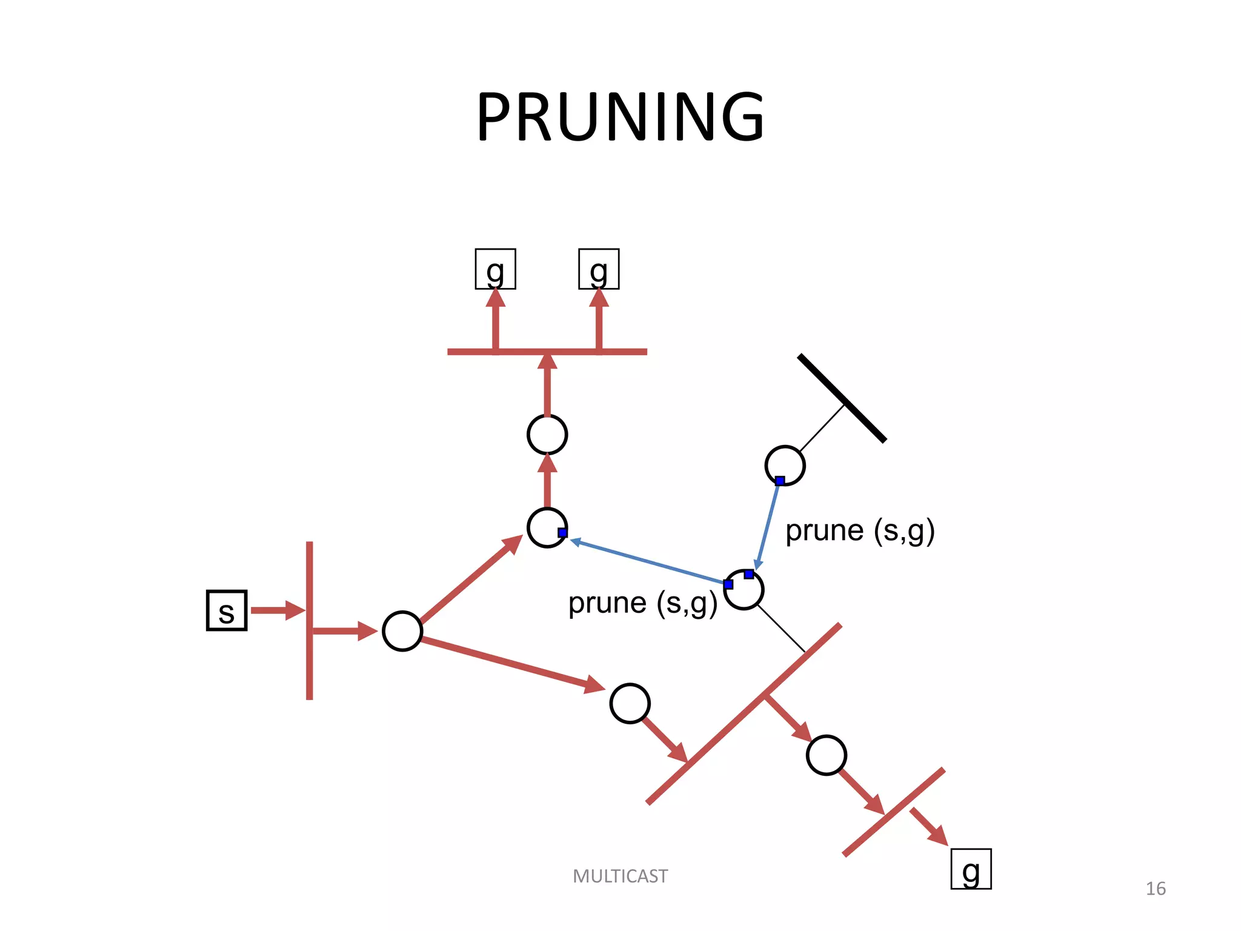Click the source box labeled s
pyautogui.click(x=227, y=610)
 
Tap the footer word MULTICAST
pyautogui.click(x=620, y=876)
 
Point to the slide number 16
pyautogui.click(x=1155, y=889)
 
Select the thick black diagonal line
pyautogui.click(x=842, y=398)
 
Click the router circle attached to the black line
pyautogui.click(x=785, y=465)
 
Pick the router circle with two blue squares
pyautogui.click(x=744, y=590)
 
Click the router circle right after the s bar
pyautogui.click(x=402, y=631)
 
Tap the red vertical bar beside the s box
pyautogui.click(x=310, y=667)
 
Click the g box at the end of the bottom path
pyautogui.click(x=971, y=869)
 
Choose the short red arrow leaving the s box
pyautogui.click(x=276, y=610)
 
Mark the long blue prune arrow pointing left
pyautogui.click(x=648, y=562)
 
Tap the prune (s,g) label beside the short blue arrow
pyautogui.click(x=860, y=531)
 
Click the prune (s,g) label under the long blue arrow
pyautogui.click(x=642, y=603)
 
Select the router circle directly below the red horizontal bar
pyautogui.click(x=547, y=435)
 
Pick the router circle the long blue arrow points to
pyautogui.click(x=547, y=527)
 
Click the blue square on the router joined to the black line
pyautogui.click(x=780, y=481)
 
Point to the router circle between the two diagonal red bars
pyautogui.click(x=827, y=755)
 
